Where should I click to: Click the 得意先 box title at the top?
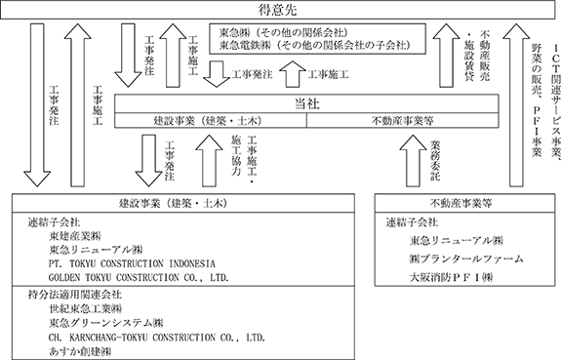click(x=278, y=10)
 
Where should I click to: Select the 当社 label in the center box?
click(x=306, y=104)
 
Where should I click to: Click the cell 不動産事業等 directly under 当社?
click(x=403, y=121)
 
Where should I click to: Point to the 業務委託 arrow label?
click(x=435, y=160)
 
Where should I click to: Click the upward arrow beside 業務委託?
click(x=413, y=161)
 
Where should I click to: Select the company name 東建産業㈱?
click(x=75, y=236)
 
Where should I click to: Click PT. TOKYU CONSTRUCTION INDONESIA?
click(x=132, y=263)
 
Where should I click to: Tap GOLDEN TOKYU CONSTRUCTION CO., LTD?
click(x=139, y=277)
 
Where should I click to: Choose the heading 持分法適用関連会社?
click(x=75, y=295)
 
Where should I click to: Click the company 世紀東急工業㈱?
click(x=86, y=308)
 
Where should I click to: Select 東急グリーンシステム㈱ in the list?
click(x=106, y=323)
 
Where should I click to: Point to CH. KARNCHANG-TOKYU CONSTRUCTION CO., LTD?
click(x=157, y=338)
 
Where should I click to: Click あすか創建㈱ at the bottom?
click(x=80, y=351)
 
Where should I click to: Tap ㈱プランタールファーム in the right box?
click(x=466, y=259)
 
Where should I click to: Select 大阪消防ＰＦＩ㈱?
click(x=451, y=277)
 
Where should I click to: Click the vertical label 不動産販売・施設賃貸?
click(x=479, y=56)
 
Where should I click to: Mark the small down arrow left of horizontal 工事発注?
click(x=217, y=74)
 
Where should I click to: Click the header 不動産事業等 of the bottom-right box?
click(x=461, y=204)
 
